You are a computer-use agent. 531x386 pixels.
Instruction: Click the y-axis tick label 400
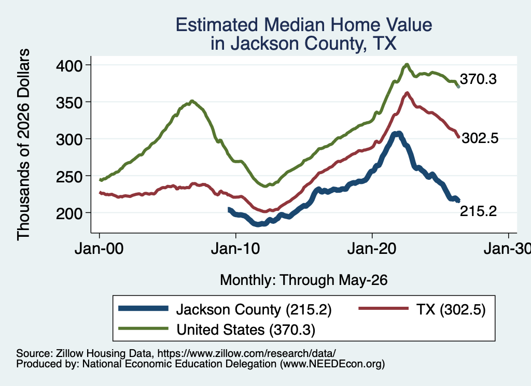click(x=69, y=66)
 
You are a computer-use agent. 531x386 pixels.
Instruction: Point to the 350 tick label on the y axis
click(x=69, y=103)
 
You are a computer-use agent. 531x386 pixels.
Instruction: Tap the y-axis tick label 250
click(x=69, y=176)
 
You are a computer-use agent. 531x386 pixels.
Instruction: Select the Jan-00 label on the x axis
click(x=99, y=249)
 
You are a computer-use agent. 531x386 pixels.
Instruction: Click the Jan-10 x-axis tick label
click(x=235, y=249)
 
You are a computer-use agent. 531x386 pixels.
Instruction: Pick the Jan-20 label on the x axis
click(x=372, y=249)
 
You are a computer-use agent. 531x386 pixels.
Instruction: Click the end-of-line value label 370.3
click(x=478, y=79)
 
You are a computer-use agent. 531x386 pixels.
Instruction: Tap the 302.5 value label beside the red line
click(x=480, y=138)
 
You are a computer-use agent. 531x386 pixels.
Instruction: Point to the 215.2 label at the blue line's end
click(x=478, y=211)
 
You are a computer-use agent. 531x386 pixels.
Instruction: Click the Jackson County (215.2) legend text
click(x=254, y=309)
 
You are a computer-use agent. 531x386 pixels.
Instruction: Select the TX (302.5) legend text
click(x=451, y=309)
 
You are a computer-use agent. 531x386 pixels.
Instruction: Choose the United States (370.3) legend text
click(x=246, y=330)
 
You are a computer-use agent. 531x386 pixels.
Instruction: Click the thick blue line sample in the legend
click(x=143, y=308)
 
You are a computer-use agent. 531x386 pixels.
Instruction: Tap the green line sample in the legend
click(x=143, y=328)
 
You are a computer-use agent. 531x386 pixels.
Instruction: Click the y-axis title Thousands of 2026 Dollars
click(x=23, y=145)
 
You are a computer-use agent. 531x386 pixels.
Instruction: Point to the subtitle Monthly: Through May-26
click(x=304, y=280)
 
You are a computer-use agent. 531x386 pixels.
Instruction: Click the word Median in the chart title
click(x=294, y=25)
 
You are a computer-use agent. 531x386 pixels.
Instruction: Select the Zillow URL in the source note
click(x=246, y=353)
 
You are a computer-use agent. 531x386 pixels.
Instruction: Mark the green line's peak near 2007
click(x=192, y=101)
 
